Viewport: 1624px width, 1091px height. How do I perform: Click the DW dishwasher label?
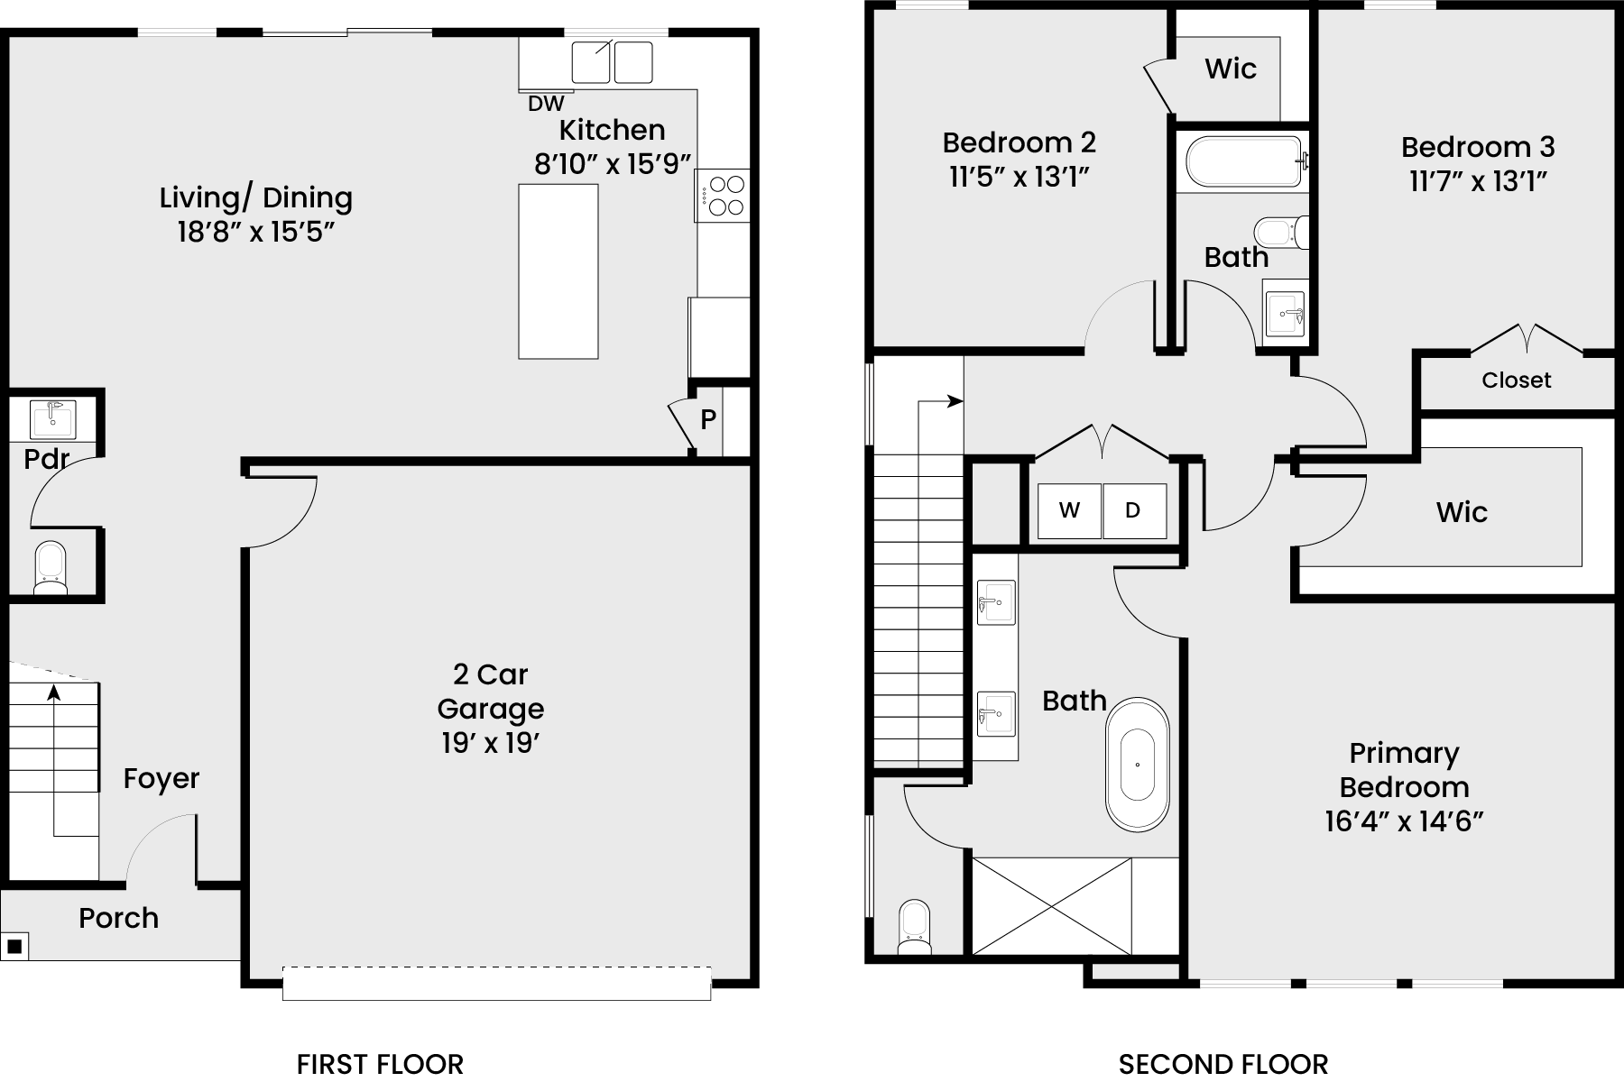pos(546,104)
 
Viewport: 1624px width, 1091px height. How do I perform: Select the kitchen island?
pos(558,271)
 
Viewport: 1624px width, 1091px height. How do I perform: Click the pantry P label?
pos(708,419)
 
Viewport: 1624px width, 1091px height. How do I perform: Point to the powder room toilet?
pos(51,568)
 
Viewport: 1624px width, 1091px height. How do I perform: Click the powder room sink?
pos(53,419)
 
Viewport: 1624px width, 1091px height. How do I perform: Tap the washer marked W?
pos(1069,511)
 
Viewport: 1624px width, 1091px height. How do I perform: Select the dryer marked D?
pos(1134,511)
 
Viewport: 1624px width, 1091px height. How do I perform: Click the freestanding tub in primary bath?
pos(1138,764)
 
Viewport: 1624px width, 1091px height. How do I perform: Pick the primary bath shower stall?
pos(1052,905)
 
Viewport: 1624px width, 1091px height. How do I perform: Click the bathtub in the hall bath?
pos(1242,161)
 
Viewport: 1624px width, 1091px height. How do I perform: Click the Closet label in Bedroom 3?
pos(1517,380)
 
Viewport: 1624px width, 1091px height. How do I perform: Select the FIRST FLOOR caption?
pos(380,1065)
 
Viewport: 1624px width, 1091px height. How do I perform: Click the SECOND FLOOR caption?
pos(1223,1065)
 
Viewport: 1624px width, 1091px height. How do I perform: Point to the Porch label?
pos(119,918)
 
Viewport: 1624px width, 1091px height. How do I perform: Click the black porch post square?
pos(14,947)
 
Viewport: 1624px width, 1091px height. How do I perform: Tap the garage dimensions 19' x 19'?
pos(490,744)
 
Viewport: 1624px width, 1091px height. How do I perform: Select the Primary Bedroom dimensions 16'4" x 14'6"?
pos(1404,821)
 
